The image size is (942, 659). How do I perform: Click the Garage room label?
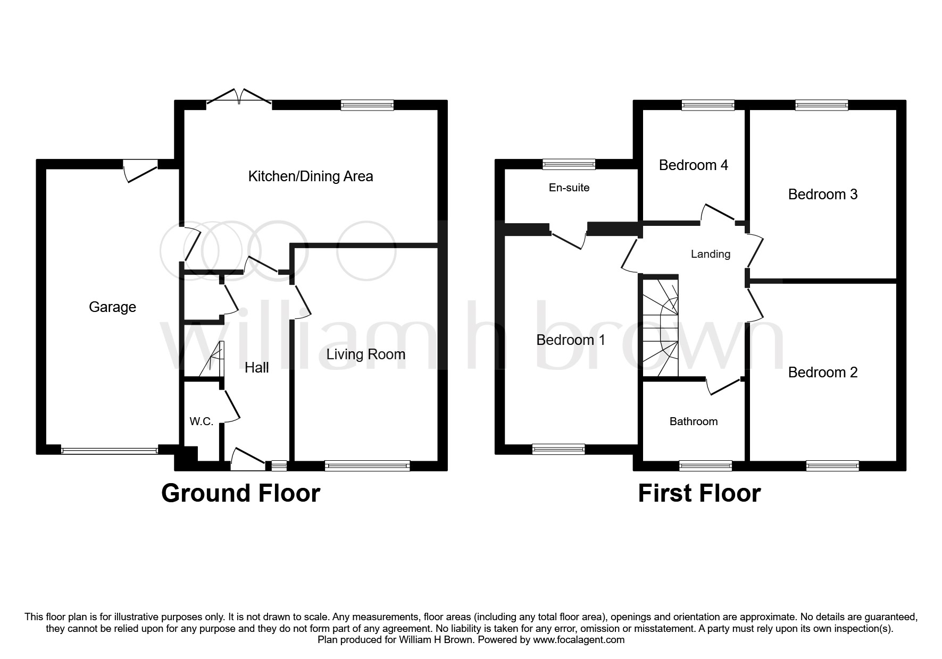click(x=112, y=307)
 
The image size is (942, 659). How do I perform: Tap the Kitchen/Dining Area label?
click(x=311, y=176)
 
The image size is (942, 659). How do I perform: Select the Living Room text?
click(x=365, y=354)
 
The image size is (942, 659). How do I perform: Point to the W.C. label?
click(x=202, y=422)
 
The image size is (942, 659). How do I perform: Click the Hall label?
click(x=256, y=367)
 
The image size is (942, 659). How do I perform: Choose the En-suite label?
click(x=569, y=188)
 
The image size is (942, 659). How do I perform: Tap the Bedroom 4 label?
click(x=693, y=165)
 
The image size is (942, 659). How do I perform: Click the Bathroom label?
click(x=693, y=421)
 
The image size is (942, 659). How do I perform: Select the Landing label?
click(x=710, y=254)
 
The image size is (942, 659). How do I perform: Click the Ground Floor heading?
click(x=240, y=493)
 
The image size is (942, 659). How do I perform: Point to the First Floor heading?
click(x=699, y=493)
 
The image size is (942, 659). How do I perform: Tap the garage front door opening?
click(x=110, y=451)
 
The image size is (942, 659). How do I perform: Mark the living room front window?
click(x=368, y=466)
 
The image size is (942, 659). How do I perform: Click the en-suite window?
click(x=569, y=164)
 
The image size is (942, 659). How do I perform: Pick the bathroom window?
click(x=705, y=466)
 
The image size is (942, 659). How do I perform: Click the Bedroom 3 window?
click(x=821, y=105)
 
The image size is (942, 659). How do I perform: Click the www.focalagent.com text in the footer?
click(x=579, y=640)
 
